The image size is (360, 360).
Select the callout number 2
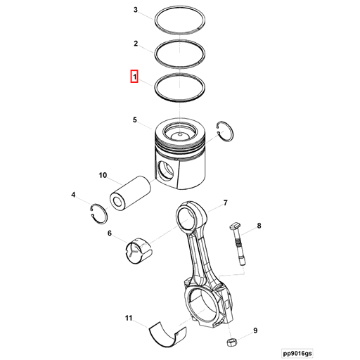coord(136,44)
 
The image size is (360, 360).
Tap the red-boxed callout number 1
coord(134,75)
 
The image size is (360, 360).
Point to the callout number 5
coord(135,120)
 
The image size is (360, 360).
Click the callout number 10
coord(102,175)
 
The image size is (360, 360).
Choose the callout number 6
coord(110,233)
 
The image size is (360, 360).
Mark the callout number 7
coord(225,204)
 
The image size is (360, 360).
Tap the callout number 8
coord(259,226)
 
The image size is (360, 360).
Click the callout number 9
coord(255,330)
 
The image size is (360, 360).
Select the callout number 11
coord(129,319)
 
